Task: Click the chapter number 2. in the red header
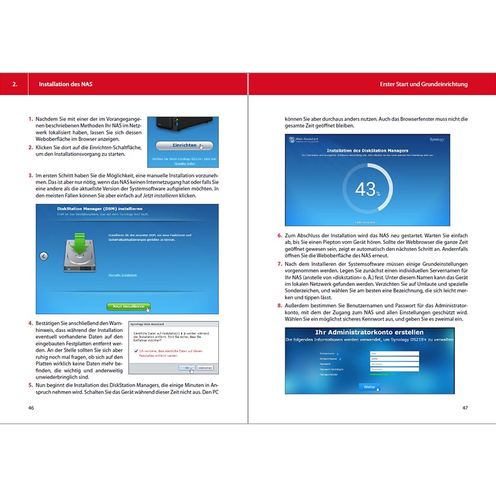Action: pyautogui.click(x=15, y=85)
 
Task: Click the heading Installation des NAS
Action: pyautogui.click(x=65, y=85)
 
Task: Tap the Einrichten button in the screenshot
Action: pyautogui.click(x=184, y=146)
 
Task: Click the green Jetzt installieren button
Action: pyautogui.click(x=128, y=306)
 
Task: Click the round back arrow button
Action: pyautogui.click(x=44, y=256)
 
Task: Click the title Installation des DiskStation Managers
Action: pyautogui.click(x=367, y=151)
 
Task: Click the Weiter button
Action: pyautogui.click(x=369, y=386)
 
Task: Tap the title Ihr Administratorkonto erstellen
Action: pyautogui.click(x=369, y=332)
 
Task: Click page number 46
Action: pyautogui.click(x=31, y=407)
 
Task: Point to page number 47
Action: pyautogui.click(x=465, y=407)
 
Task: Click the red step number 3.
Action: pyautogui.click(x=30, y=175)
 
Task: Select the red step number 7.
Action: pyautogui.click(x=280, y=264)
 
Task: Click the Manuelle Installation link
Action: pyautogui.click(x=123, y=274)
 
